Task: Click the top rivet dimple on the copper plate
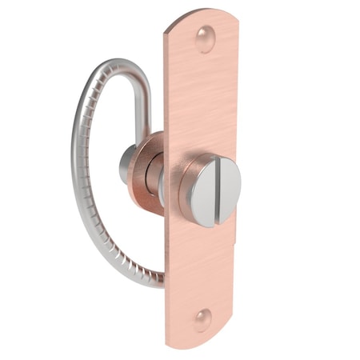[205, 38]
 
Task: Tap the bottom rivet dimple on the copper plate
[203, 319]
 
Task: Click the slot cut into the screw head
[218, 191]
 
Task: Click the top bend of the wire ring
[120, 64]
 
